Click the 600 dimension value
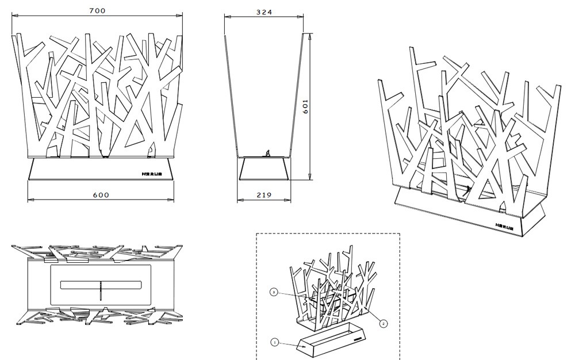[x=101, y=195]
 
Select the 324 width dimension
[x=264, y=12]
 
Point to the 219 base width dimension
[x=264, y=195]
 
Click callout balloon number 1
[x=275, y=342]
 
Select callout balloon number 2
[x=384, y=324]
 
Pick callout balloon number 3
[x=275, y=293]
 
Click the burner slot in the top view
[x=101, y=285]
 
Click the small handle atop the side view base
[x=266, y=154]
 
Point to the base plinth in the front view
[x=101, y=170]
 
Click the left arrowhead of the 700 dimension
[x=15, y=18]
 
